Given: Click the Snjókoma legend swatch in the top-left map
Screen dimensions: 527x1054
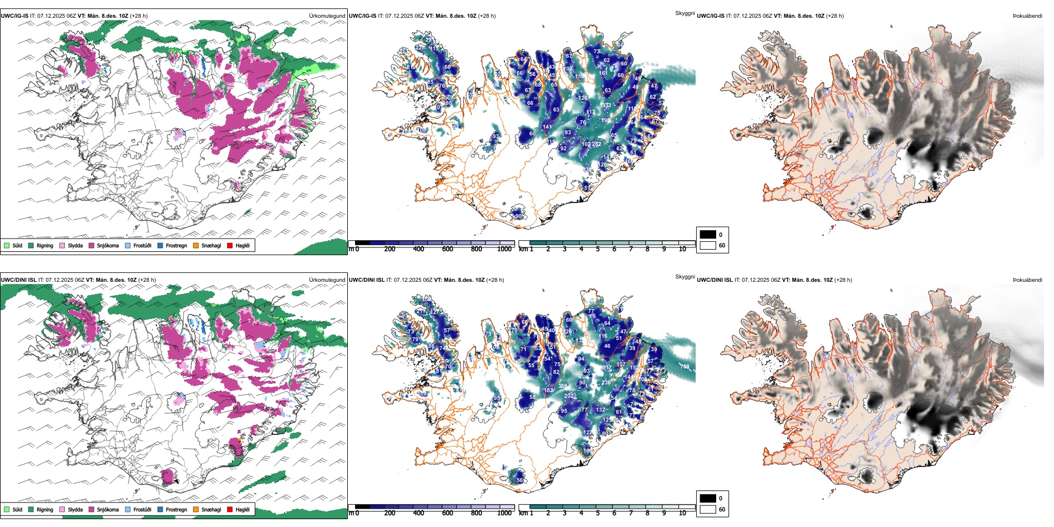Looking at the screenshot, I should coord(92,245).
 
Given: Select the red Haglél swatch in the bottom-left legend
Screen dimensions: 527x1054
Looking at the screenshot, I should coord(230,509).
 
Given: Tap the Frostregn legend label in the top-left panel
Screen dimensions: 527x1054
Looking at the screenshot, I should coord(176,245).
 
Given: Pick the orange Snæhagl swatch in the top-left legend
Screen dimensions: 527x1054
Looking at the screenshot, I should coord(196,245).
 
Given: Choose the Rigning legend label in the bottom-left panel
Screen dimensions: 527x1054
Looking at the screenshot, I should coord(45,509).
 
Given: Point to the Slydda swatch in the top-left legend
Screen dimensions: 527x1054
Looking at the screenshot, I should coord(62,245).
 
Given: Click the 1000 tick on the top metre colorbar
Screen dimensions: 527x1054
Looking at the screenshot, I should coord(504,249).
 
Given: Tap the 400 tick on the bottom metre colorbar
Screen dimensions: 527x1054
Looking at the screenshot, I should coord(418,513).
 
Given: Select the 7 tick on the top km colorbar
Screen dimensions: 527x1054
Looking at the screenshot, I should coord(631,249).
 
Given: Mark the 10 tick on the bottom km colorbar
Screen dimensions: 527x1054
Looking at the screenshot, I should coord(682,513).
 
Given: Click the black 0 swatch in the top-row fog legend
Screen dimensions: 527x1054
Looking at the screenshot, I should coord(708,235).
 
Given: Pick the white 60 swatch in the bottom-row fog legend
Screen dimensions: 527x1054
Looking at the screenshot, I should coord(708,509).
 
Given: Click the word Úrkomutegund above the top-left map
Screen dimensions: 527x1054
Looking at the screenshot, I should coord(327,16).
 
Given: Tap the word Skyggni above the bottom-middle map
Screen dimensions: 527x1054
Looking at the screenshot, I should coord(685,277).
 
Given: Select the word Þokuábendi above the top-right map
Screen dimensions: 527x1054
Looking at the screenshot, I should coord(1027,16).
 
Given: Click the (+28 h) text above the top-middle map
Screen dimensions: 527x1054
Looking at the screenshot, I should coord(487,16).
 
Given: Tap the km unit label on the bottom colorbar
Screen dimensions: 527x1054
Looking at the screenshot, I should coord(523,513).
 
